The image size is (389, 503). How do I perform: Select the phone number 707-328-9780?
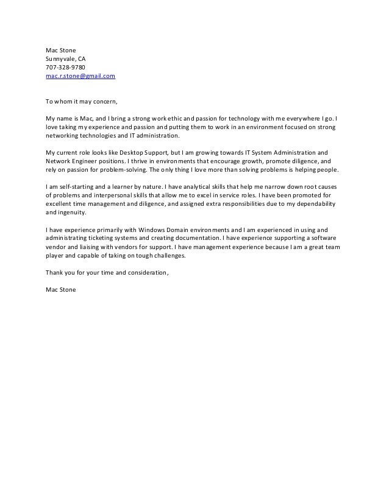tap(65, 68)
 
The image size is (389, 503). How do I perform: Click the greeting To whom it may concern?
tap(81, 101)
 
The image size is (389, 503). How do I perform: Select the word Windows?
tap(154, 230)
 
